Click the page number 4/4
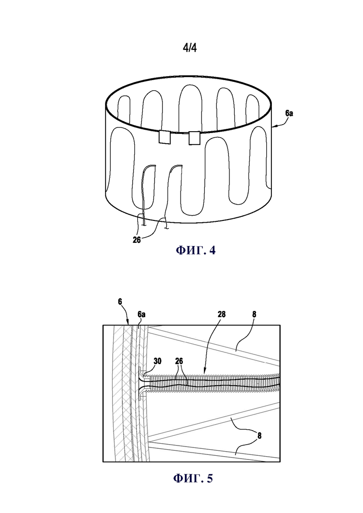coord(189,48)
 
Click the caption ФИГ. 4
coord(196,251)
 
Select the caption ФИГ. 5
coord(193,478)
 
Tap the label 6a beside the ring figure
coord(289,113)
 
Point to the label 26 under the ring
coord(136,240)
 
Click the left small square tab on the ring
coord(165,137)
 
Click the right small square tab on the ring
coord(194,138)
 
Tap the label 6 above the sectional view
coord(120,301)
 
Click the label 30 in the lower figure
coord(157,361)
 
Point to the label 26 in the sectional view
coord(179,361)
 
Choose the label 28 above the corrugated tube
coord(222,314)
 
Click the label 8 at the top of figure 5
coord(254,314)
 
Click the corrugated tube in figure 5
coord(213,382)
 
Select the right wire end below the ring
coord(167,228)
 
